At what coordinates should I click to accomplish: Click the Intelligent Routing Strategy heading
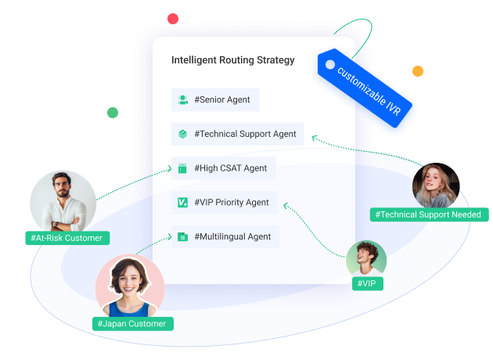(233, 60)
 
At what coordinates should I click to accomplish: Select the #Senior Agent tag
(215, 99)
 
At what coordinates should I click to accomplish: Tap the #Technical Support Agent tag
(237, 134)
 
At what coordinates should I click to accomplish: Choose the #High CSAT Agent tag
(223, 168)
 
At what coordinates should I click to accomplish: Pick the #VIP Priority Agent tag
(225, 203)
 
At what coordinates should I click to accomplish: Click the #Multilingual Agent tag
(225, 237)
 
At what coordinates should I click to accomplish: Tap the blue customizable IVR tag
(365, 88)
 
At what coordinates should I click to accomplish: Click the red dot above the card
(173, 19)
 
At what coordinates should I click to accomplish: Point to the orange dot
(418, 71)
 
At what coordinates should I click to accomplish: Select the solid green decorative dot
(113, 113)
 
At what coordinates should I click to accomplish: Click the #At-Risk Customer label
(67, 238)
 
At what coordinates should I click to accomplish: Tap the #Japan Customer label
(133, 324)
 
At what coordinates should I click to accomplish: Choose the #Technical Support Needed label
(429, 214)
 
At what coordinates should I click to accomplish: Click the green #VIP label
(368, 283)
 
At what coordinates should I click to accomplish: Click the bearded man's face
(63, 185)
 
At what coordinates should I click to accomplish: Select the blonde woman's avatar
(436, 185)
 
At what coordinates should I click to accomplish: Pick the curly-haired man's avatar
(366, 259)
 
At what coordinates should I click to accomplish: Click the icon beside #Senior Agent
(182, 99)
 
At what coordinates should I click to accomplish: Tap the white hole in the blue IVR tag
(330, 64)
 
